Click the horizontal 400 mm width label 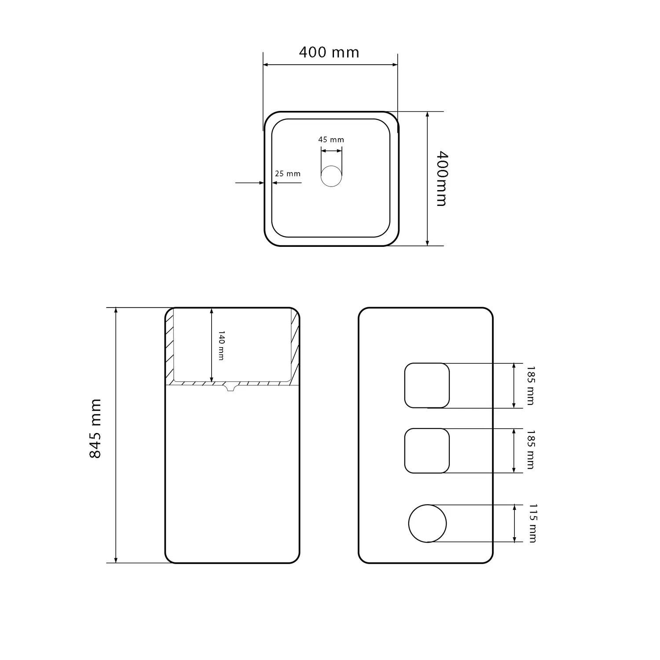click(x=329, y=52)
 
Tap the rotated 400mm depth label click(x=441, y=178)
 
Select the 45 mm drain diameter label click(x=331, y=139)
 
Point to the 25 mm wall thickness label click(x=288, y=174)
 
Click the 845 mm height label click(x=95, y=429)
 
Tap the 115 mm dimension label click(x=532, y=524)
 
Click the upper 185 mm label click(x=530, y=385)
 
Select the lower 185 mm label click(x=530, y=450)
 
